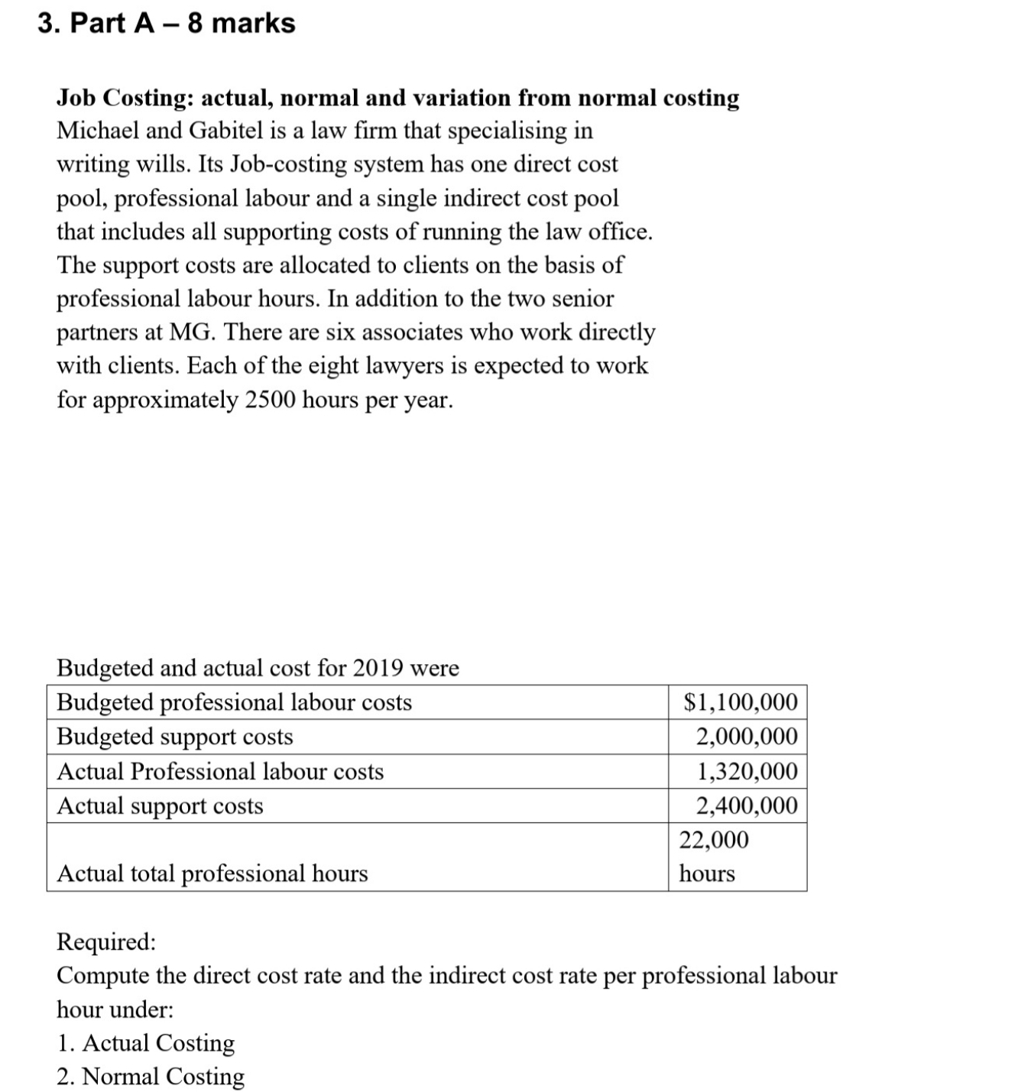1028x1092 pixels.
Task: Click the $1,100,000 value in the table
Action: [740, 702]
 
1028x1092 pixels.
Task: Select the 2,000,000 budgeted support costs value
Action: [746, 736]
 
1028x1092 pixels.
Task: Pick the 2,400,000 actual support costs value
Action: [746, 805]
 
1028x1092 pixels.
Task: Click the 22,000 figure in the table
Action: [714, 839]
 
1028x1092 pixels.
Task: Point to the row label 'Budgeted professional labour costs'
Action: [234, 702]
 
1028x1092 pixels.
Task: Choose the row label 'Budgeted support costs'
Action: [175, 736]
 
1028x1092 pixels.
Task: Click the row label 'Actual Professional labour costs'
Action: [220, 770]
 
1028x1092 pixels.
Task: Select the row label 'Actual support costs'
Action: [160, 805]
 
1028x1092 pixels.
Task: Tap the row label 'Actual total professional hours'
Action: [212, 873]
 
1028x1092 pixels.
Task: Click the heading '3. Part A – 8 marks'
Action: [167, 23]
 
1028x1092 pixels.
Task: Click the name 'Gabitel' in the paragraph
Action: [225, 131]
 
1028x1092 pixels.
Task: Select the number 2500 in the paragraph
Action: [271, 400]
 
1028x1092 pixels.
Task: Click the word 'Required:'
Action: [106, 941]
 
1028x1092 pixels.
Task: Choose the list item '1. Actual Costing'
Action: [146, 1042]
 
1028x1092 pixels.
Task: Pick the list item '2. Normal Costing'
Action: [151, 1076]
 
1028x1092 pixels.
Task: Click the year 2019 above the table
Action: [375, 668]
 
